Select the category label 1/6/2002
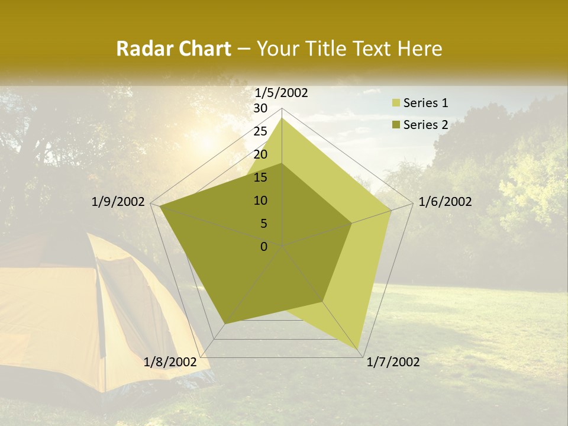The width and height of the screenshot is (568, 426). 445,202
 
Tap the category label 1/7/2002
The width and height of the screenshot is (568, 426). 393,362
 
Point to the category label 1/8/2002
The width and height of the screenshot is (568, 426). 170,362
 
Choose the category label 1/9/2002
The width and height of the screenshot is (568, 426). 118,202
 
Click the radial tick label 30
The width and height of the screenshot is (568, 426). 260,108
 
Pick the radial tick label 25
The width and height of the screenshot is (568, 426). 260,131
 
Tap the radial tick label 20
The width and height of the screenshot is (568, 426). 260,154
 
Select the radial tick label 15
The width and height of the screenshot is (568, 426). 260,177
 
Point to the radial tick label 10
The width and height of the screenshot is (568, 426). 260,201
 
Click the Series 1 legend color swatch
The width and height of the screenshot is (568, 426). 395,104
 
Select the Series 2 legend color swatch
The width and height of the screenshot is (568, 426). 395,125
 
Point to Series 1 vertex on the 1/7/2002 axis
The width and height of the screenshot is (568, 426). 359,349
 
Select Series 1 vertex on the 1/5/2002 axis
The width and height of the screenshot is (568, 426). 282,118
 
